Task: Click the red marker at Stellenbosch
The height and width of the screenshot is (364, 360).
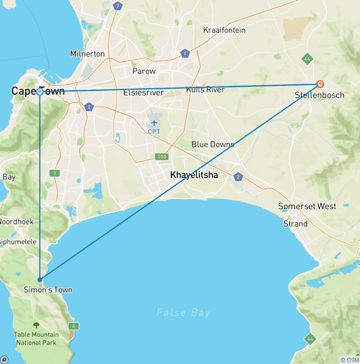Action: (x=320, y=84)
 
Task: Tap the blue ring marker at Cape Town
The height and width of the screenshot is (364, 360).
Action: (x=40, y=92)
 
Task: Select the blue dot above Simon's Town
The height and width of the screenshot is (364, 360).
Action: (x=40, y=280)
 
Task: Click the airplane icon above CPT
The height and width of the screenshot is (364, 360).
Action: (x=154, y=122)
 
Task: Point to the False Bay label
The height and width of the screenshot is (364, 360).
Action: (x=184, y=312)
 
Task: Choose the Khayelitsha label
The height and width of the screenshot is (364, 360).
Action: (x=194, y=175)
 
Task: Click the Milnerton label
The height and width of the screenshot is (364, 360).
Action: (x=87, y=53)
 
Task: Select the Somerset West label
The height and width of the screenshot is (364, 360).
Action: (x=307, y=206)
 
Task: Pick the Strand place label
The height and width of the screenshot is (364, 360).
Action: (x=295, y=224)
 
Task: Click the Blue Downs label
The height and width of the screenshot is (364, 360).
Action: (x=213, y=144)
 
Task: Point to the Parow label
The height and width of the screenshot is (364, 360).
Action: (x=144, y=71)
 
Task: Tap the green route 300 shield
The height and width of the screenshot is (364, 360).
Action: (x=162, y=157)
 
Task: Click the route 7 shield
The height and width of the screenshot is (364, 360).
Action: (x=118, y=6)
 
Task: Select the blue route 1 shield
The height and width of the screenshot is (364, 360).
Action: (x=186, y=54)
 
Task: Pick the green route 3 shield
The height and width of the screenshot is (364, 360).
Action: (x=55, y=174)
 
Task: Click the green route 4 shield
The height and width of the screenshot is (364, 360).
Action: (x=74, y=326)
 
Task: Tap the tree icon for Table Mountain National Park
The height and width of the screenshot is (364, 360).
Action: (x=36, y=325)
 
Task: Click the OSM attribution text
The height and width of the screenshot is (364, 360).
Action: (x=349, y=360)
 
